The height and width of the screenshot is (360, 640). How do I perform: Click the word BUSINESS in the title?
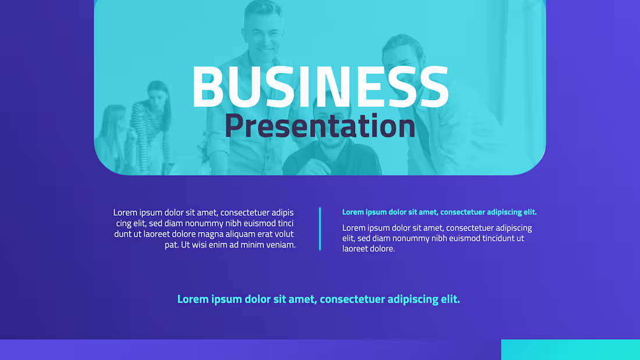(320, 87)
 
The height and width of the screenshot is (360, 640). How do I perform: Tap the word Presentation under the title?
(320, 126)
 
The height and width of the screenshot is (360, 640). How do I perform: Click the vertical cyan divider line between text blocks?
(320, 229)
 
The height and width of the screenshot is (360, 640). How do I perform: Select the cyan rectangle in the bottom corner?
(570, 350)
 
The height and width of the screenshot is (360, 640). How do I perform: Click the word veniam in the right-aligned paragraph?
(280, 245)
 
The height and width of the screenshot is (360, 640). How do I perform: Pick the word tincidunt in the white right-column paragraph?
(493, 238)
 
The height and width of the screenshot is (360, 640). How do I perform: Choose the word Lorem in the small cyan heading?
(353, 212)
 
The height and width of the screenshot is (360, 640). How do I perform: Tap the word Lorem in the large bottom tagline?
(193, 300)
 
